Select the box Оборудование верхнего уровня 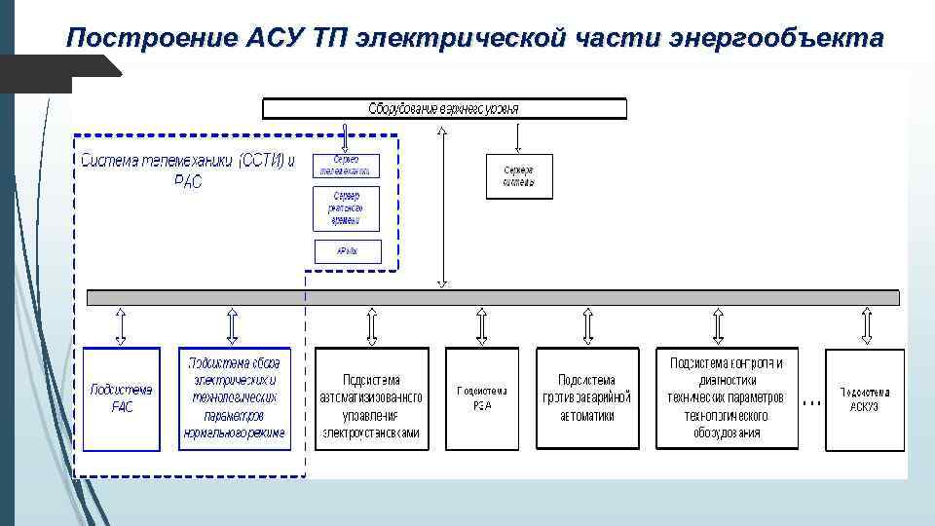coord(444,108)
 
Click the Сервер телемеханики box coord(346,165)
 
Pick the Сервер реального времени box coord(346,208)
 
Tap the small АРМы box coord(346,250)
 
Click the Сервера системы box coord(519,176)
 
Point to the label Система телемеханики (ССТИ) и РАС coord(188,171)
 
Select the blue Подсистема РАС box coord(121,397)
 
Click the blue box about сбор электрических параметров coord(234,397)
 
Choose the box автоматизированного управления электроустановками coord(371,397)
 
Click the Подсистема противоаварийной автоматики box coord(586,397)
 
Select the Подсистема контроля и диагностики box coord(726,397)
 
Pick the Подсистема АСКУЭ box coord(865,397)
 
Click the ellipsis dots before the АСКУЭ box coord(810,400)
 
